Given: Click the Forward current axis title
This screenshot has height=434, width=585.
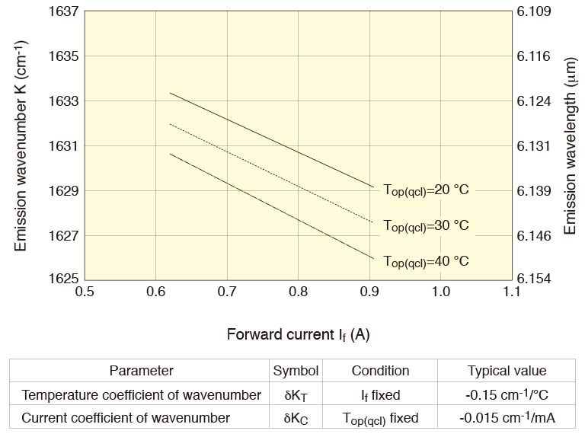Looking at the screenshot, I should click(298, 334).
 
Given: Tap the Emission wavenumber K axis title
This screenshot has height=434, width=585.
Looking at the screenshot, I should click(21, 145).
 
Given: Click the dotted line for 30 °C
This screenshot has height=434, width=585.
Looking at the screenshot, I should click(267, 171).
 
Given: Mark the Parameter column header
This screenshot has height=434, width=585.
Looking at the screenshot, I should click(141, 371).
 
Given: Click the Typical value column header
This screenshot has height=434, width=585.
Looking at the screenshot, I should click(507, 371).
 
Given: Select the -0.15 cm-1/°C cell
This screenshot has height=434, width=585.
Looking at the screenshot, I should click(507, 394).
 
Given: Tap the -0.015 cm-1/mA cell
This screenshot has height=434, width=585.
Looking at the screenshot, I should click(507, 418).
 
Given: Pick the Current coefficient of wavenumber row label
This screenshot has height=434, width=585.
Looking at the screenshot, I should click(126, 418).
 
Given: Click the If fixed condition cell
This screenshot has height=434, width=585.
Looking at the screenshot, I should click(380, 394).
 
